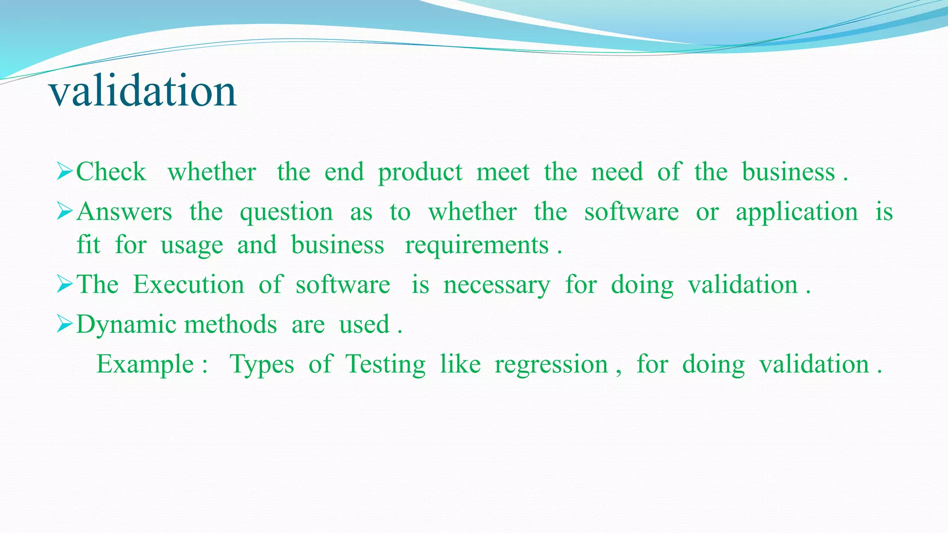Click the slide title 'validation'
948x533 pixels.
pos(143,91)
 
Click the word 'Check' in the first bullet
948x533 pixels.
pos(111,172)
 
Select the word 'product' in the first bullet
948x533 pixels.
pos(420,173)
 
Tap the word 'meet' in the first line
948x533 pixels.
pos(503,172)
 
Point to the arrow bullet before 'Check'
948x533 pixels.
pos(65,172)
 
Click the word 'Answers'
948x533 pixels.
pos(124,212)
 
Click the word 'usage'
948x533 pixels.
pos(192,245)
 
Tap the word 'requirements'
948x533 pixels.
pos(477,245)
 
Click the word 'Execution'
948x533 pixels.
pos(188,285)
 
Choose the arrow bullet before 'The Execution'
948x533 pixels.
pos(65,284)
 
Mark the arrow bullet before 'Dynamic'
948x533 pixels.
pos(65,324)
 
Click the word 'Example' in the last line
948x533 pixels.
pos(145,365)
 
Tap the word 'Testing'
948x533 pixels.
pos(385,365)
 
